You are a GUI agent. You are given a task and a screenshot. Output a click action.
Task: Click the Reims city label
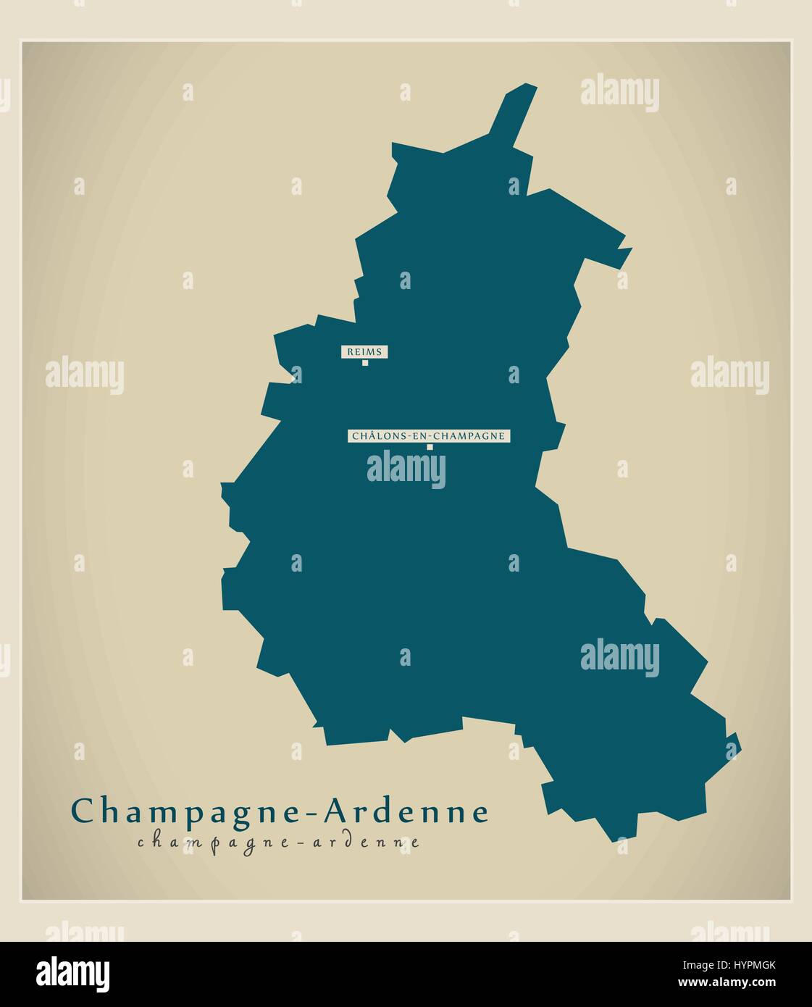point(364,352)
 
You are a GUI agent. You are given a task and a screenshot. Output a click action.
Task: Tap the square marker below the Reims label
point(365,363)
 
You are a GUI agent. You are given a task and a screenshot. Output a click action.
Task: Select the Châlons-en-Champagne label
point(430,436)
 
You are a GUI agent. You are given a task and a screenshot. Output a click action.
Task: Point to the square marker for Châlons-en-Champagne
point(430,447)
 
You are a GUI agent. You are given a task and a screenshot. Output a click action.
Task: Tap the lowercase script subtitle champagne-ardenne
point(278,842)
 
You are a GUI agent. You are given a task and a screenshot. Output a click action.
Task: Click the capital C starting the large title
point(82,811)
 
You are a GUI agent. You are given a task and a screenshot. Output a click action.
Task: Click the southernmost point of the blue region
point(616,840)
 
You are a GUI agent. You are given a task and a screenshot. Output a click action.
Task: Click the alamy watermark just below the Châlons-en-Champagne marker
point(406,469)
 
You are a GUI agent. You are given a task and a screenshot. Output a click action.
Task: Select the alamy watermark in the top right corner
point(619,93)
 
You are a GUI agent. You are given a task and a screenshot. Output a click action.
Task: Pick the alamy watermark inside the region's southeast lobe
point(619,656)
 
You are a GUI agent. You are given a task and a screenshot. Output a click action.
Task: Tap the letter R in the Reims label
point(350,352)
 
